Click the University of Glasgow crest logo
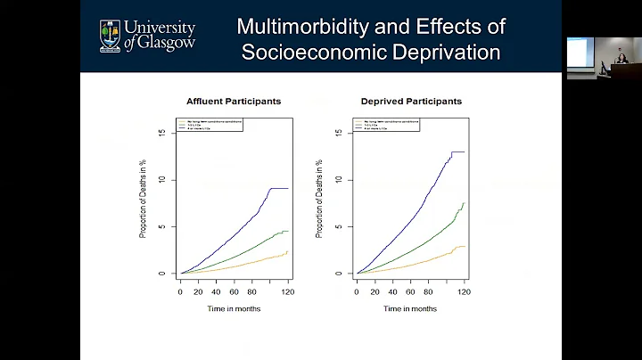click(111, 37)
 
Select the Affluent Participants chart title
click(233, 101)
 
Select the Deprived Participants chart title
click(410, 101)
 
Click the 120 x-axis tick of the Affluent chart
click(287, 291)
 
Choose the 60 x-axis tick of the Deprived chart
click(410, 291)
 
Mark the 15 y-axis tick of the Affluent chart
click(162, 134)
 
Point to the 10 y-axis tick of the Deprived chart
click(339, 180)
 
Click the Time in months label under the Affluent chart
click(234, 308)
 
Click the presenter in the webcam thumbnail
click(614, 61)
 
